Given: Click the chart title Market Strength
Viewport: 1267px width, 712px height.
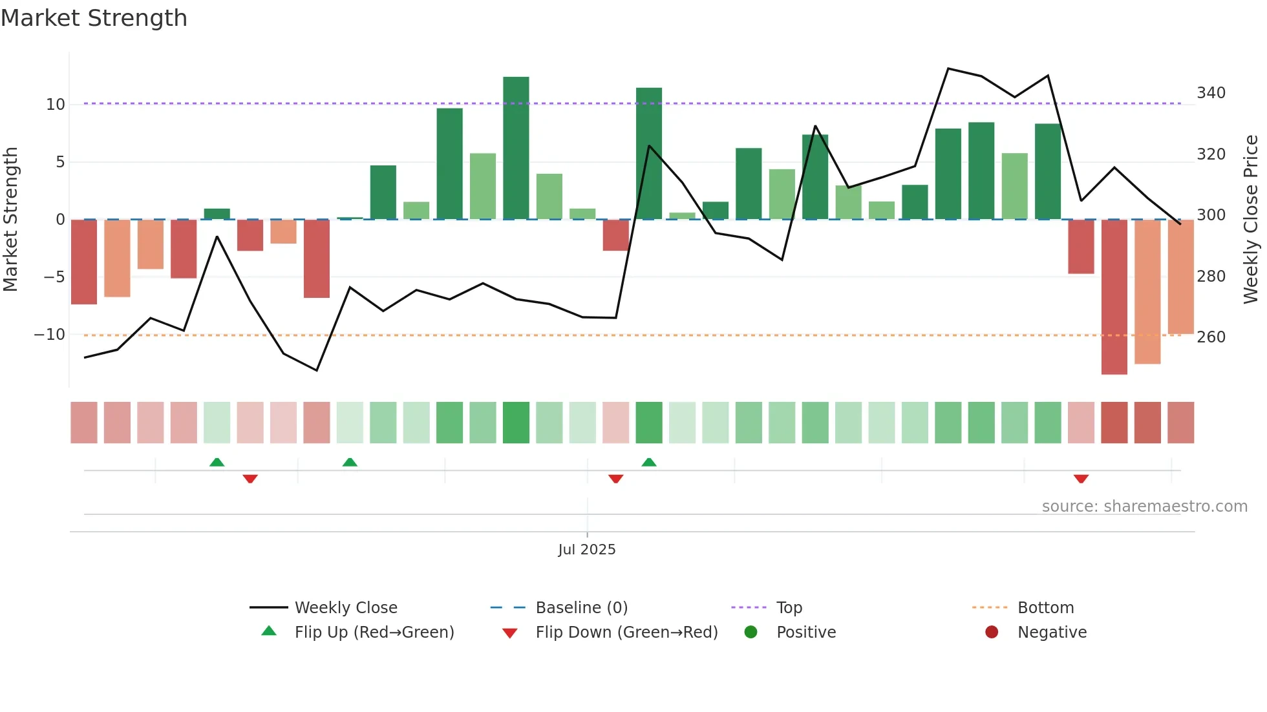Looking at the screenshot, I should (94, 18).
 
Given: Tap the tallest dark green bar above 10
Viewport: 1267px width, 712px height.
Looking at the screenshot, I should (516, 147).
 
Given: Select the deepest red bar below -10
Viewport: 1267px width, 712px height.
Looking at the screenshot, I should (1114, 297).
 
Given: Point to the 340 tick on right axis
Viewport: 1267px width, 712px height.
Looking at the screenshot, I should (1211, 93).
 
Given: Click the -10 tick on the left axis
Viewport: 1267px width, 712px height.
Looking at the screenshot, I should (50, 335).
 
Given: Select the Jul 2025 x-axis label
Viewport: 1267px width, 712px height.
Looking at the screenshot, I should (586, 550).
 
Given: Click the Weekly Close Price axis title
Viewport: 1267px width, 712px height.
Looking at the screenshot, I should (1251, 219).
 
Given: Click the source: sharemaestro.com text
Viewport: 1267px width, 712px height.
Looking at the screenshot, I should (1144, 507).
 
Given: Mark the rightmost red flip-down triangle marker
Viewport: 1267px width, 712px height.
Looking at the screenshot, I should (1081, 479).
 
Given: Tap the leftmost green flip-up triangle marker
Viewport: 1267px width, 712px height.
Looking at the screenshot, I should (217, 462).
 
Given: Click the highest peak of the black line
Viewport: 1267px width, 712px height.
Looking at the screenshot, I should (948, 68).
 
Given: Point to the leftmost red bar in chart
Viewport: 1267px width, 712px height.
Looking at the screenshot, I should (84, 262).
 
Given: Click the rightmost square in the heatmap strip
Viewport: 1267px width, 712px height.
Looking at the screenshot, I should (1180, 423).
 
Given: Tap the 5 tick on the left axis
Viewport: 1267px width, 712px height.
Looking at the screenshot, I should (60, 162).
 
